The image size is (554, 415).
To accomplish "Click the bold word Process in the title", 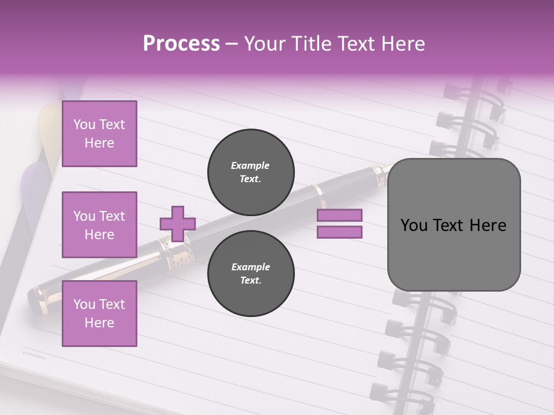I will click(x=181, y=44).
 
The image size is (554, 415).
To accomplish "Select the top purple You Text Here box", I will click(x=99, y=134).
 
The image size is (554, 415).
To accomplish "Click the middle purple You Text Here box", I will click(x=99, y=225).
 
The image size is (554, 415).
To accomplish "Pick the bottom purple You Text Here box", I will click(x=99, y=314).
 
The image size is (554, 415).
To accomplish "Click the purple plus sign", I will click(x=178, y=224).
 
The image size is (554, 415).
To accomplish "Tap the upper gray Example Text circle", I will click(x=251, y=172).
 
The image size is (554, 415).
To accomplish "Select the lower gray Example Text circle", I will click(x=251, y=274).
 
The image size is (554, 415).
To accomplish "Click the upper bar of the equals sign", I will click(x=339, y=215).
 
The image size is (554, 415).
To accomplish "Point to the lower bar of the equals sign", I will click(x=339, y=232).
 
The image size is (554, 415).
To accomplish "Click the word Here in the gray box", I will click(x=488, y=225).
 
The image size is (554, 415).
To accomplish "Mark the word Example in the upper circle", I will click(x=250, y=165).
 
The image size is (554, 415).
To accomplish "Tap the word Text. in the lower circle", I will click(x=251, y=281).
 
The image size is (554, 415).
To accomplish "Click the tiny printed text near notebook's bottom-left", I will click(x=36, y=350).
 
